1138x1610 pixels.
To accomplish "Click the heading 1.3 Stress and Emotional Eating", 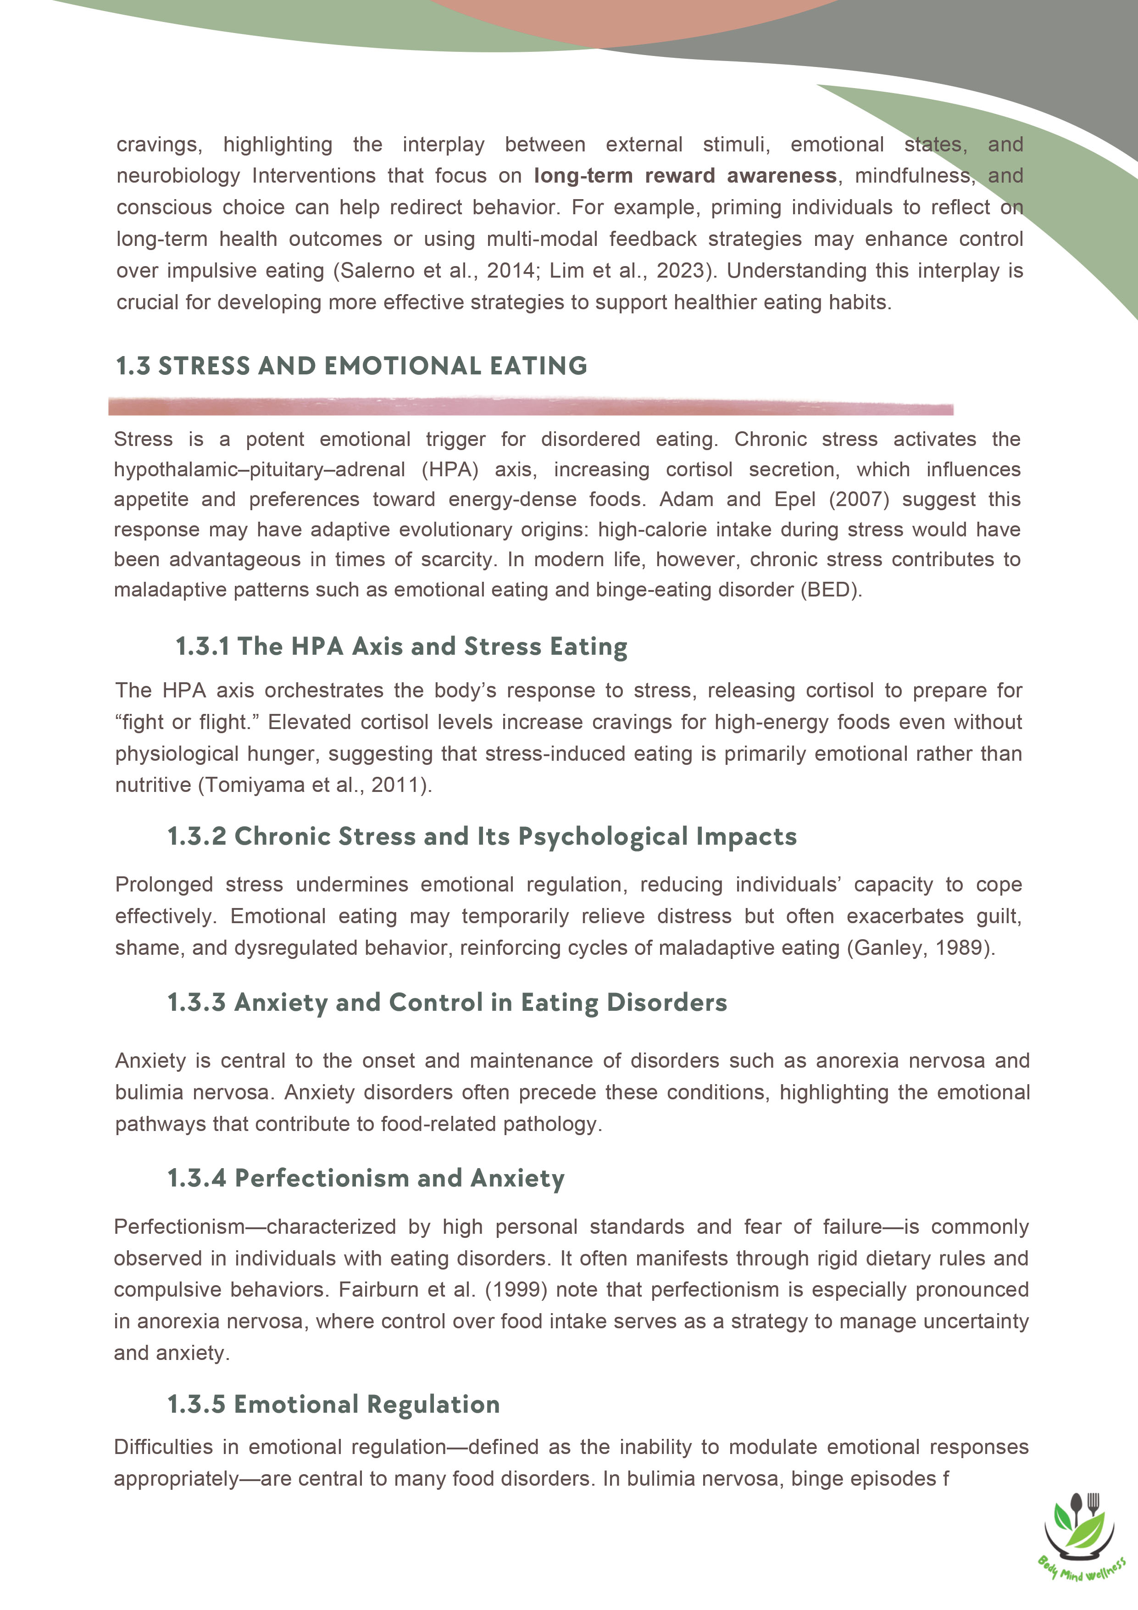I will pos(351,366).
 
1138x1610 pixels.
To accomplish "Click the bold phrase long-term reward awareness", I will pos(685,176).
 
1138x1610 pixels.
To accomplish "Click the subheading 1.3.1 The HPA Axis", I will pos(401,646).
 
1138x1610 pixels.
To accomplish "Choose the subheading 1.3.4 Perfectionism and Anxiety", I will pos(365,1179).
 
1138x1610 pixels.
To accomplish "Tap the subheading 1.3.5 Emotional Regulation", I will pos(334,1404).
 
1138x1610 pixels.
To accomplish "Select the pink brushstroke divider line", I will pos(530,406).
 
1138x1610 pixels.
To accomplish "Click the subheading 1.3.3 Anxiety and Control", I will pos(447,1003).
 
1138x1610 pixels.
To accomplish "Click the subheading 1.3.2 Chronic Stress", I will pos(482,836).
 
